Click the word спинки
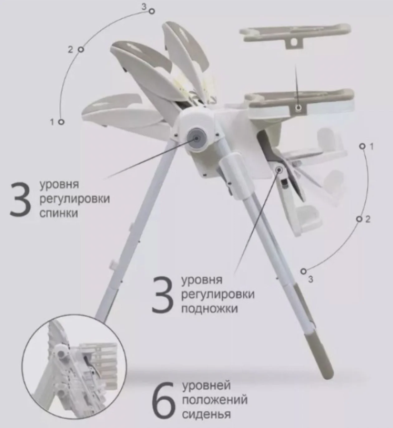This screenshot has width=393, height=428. click(x=59, y=213)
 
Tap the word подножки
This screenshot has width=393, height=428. click(x=210, y=308)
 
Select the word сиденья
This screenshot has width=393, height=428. click(x=206, y=414)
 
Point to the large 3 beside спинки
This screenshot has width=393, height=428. click(x=20, y=199)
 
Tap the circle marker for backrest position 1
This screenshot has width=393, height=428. click(x=61, y=122)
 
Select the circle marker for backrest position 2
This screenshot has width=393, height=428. click(x=81, y=50)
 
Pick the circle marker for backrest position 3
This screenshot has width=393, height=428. click(x=152, y=12)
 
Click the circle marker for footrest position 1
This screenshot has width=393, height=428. click(x=362, y=146)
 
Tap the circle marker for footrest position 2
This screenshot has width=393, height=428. click(x=360, y=219)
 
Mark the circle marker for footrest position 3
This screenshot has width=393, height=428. click(x=303, y=272)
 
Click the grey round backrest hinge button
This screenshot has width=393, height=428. click(x=196, y=138)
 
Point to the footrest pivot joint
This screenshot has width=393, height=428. click(x=279, y=170)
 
